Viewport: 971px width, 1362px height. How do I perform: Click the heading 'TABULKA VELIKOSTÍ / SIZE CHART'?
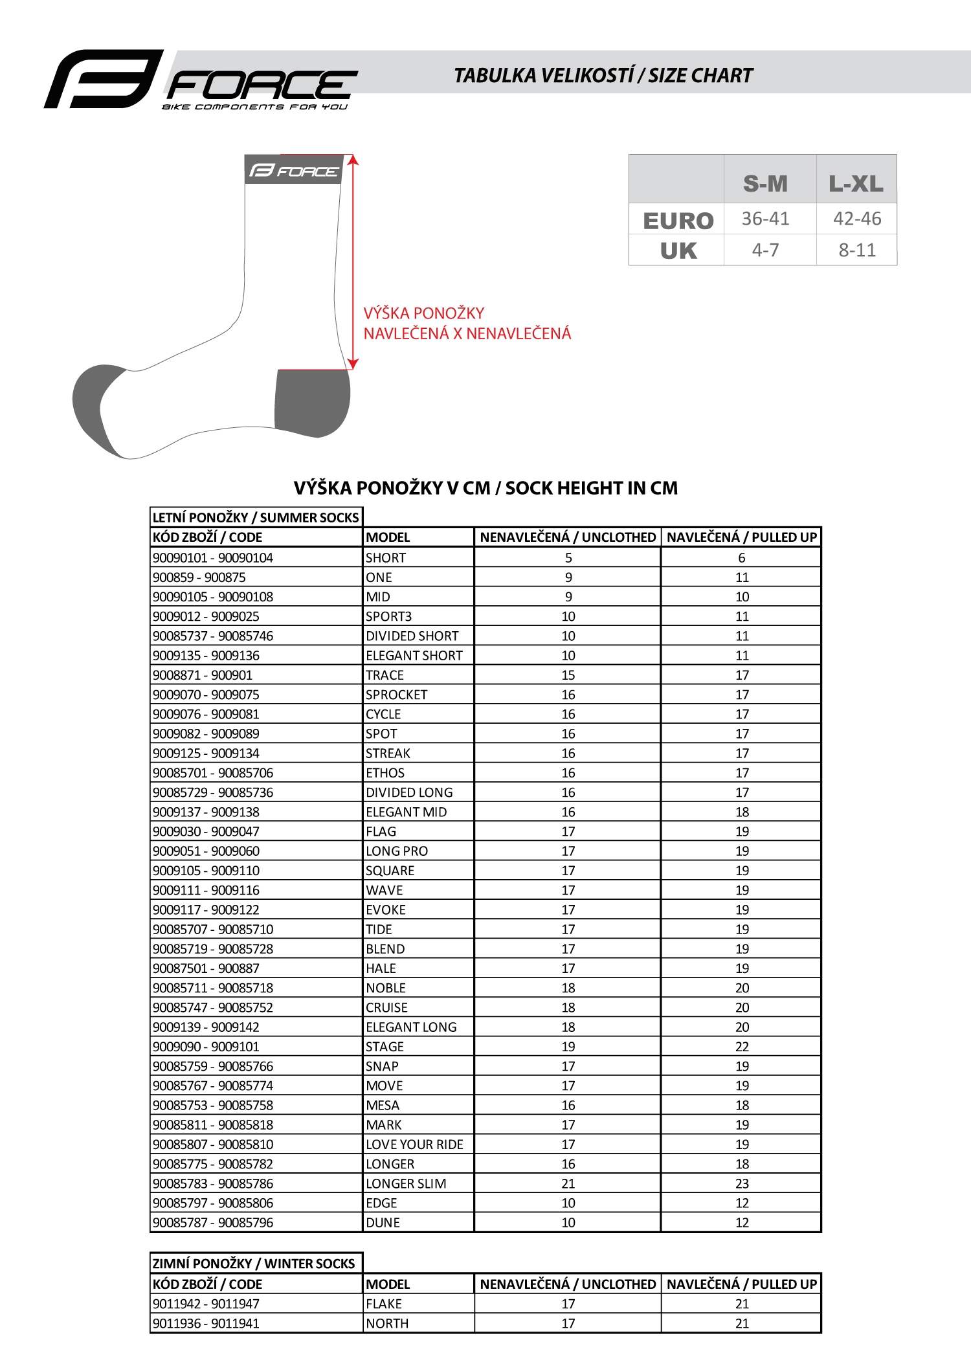click(x=603, y=76)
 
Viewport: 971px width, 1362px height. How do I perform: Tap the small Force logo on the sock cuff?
click(x=294, y=171)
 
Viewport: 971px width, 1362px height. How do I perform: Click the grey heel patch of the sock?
click(x=311, y=401)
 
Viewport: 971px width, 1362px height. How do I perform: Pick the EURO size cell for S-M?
click(x=765, y=219)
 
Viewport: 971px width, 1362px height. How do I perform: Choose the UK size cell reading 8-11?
click(x=857, y=250)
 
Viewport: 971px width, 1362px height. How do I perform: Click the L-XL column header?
click(x=856, y=184)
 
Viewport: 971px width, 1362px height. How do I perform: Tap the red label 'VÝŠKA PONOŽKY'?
click(x=424, y=313)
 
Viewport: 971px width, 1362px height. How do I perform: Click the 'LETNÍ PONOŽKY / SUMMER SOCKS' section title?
click(x=256, y=517)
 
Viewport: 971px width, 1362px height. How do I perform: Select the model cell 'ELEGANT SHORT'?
click(x=414, y=656)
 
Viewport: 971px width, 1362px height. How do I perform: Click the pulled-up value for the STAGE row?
click(x=742, y=1047)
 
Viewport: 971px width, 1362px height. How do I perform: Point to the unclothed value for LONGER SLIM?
click(x=568, y=1183)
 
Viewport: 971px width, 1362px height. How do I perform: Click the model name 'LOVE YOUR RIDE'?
click(x=414, y=1144)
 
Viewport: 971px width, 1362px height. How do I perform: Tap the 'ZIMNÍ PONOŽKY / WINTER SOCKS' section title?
click(x=254, y=1264)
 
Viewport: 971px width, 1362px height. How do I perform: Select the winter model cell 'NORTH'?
click(x=387, y=1324)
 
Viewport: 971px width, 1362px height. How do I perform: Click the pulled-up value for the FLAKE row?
click(x=742, y=1304)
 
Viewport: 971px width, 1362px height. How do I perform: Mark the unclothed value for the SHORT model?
click(x=568, y=558)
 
